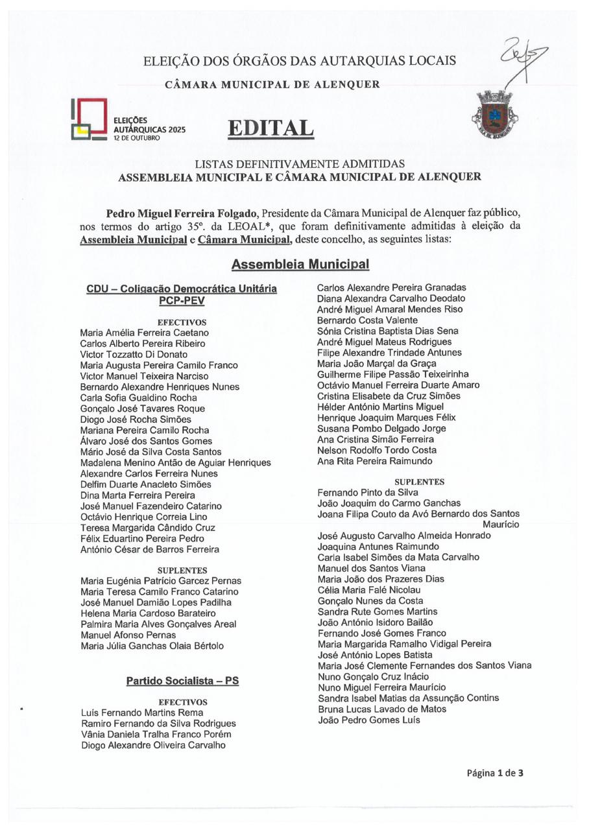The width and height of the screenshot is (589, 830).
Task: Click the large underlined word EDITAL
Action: point(270,128)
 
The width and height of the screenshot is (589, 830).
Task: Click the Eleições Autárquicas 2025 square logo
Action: point(89,119)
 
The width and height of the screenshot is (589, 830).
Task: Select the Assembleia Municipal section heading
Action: point(300,265)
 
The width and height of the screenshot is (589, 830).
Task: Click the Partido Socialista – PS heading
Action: point(182,682)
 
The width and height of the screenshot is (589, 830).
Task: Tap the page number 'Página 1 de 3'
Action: point(495,772)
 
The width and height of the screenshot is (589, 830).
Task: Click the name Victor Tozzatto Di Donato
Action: point(134,355)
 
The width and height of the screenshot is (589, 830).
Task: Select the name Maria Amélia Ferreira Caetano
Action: point(145,333)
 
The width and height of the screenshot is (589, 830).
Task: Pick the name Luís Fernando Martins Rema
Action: point(142,713)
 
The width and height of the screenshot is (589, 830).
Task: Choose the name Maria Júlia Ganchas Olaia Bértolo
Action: point(152,646)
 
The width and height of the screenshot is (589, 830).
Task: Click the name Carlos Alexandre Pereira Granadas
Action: point(391,287)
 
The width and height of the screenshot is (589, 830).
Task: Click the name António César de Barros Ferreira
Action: point(150,549)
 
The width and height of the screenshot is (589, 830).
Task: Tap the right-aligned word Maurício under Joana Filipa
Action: point(501,524)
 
